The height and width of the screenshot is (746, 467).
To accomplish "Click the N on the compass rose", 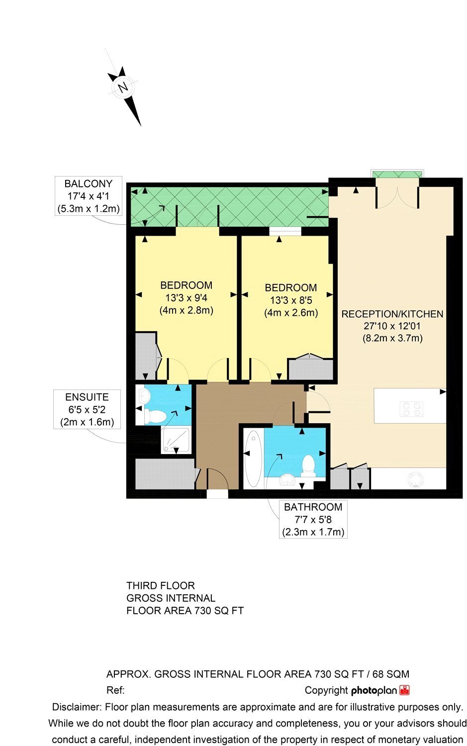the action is coord(123,88).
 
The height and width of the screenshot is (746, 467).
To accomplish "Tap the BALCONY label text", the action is coord(88,184).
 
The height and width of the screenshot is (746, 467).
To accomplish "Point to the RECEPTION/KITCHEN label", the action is coord(392,314).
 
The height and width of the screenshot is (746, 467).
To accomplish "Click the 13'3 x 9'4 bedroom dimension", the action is coord(186,298).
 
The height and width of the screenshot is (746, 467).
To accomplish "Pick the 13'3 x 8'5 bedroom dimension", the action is coord(291,300).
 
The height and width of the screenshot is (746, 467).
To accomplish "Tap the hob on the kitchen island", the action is coord(411,409).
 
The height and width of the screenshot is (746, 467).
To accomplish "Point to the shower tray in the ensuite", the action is coord(176,440).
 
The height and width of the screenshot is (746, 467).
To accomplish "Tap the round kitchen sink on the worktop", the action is coord(416,480).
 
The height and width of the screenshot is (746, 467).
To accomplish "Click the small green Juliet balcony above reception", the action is coord(397,175).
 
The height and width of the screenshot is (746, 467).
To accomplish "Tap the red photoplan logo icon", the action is coord(405,690).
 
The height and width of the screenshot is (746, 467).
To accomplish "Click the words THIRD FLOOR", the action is coord(161,585).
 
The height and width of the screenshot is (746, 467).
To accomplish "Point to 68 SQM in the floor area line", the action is coord(391,674).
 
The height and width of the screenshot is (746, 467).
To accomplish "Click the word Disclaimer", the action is coord(77,707).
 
